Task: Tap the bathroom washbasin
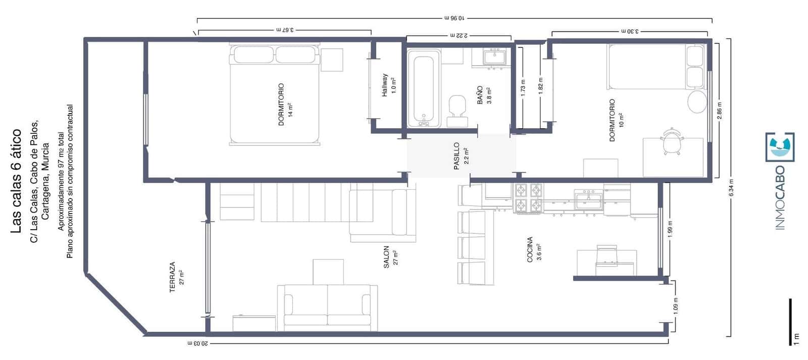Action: point(493,56)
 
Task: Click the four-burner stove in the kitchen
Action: point(528,198)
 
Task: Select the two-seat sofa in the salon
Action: point(327,305)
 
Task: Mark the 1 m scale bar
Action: point(790,321)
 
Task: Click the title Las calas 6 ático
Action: point(16,181)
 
